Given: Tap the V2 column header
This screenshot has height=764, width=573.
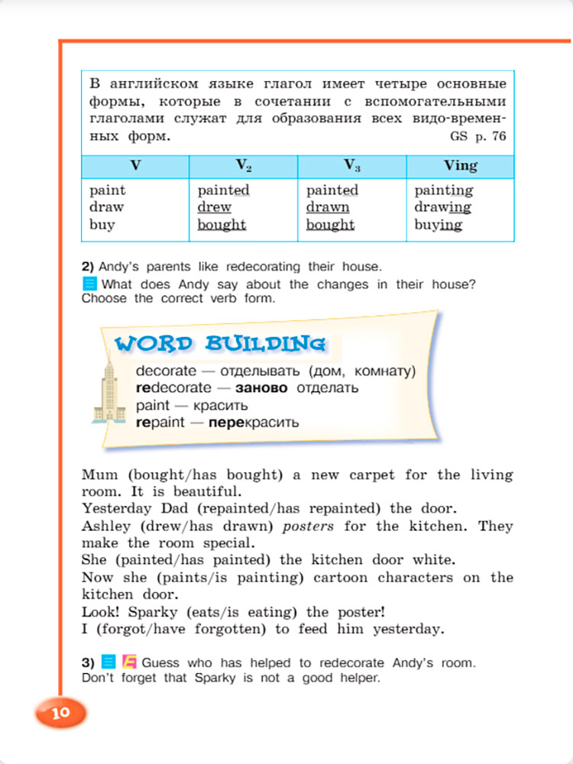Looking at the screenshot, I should tap(243, 165).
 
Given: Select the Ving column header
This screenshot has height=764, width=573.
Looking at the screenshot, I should tap(460, 165).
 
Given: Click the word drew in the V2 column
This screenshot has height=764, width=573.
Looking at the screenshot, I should tap(214, 207).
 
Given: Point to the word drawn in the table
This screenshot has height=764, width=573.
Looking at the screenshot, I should tap(328, 207).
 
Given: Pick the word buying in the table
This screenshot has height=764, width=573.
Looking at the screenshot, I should tap(438, 225).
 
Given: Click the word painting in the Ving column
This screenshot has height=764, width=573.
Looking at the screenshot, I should tap(443, 189).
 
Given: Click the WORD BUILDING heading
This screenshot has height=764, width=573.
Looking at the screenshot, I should tap(220, 344).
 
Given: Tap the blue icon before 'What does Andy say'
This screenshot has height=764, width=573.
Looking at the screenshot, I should tap(89, 285).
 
